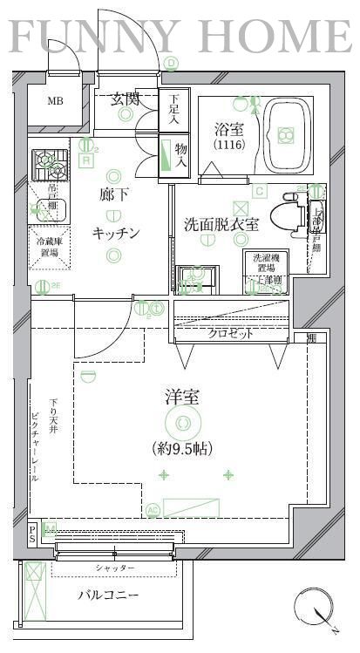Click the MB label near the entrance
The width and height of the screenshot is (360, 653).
coord(55,101)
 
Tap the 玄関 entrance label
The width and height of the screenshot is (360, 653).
coord(126,99)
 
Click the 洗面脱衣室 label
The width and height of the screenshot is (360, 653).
coord(221,224)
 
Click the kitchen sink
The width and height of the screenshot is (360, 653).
coord(48,207)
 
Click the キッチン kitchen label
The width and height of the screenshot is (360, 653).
coord(117,233)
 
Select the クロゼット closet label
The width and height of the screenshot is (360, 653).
coord(230,333)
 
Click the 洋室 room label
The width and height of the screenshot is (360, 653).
coord(183,398)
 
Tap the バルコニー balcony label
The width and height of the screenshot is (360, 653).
coord(110,595)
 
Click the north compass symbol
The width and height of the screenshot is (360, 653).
coord(315,608)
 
